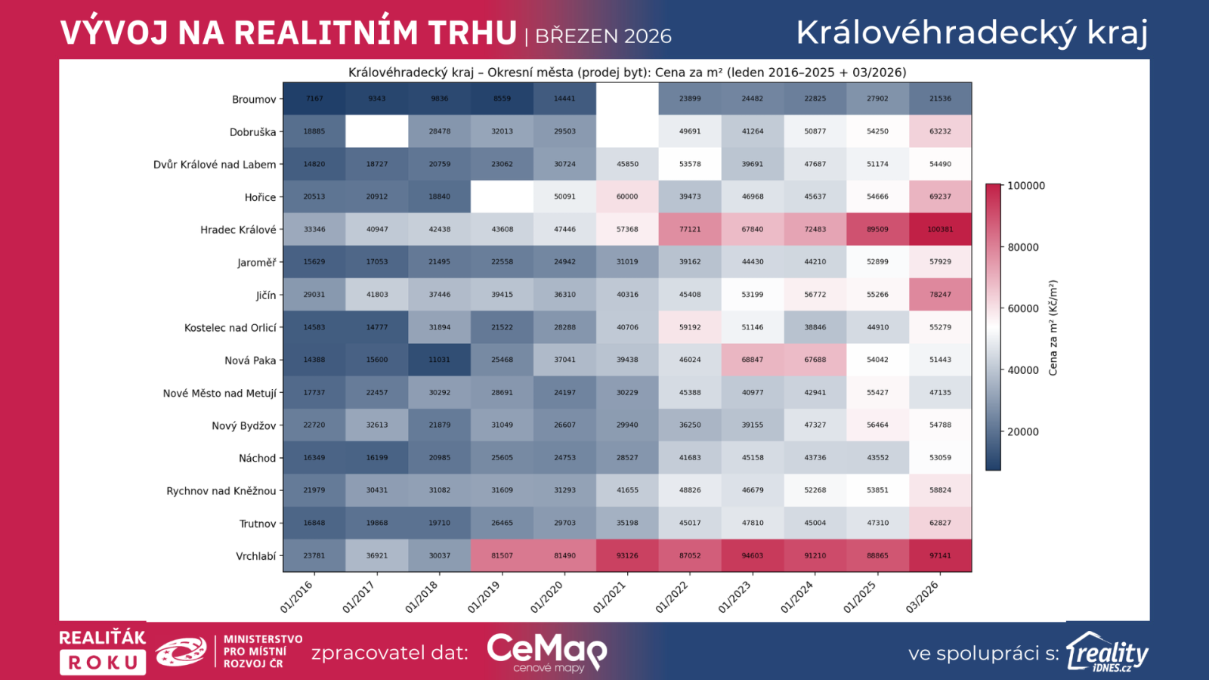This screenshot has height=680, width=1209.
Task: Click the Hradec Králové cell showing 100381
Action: pos(940,229)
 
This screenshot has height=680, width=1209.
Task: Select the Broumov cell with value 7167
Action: pos(314,99)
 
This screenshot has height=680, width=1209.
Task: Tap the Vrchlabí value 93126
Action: pos(627,555)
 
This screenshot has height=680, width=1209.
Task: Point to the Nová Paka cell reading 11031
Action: pos(440,360)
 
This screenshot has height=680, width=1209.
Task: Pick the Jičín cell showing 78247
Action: pos(940,295)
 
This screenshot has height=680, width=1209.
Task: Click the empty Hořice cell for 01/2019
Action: pos(502,196)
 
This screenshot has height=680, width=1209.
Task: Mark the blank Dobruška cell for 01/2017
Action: pos(377,131)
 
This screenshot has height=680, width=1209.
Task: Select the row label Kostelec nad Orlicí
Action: pos(230,328)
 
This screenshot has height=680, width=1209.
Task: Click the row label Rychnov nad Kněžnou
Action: pos(221,491)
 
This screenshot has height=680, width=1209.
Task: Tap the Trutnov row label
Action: pos(258,524)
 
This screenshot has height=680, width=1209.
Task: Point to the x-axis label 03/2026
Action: pos(923,597)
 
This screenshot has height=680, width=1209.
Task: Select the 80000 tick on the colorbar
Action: pos(1023,247)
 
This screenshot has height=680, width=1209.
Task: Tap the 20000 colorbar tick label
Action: pos(1023,432)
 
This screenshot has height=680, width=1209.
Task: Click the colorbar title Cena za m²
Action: pos(1053,328)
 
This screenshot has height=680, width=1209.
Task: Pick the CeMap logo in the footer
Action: pos(547,652)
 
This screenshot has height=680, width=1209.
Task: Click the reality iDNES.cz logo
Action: pos(1107,652)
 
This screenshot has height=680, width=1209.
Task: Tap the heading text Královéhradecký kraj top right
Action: pos(972,32)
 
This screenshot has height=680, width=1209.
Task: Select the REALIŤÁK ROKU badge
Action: pos(103,651)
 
